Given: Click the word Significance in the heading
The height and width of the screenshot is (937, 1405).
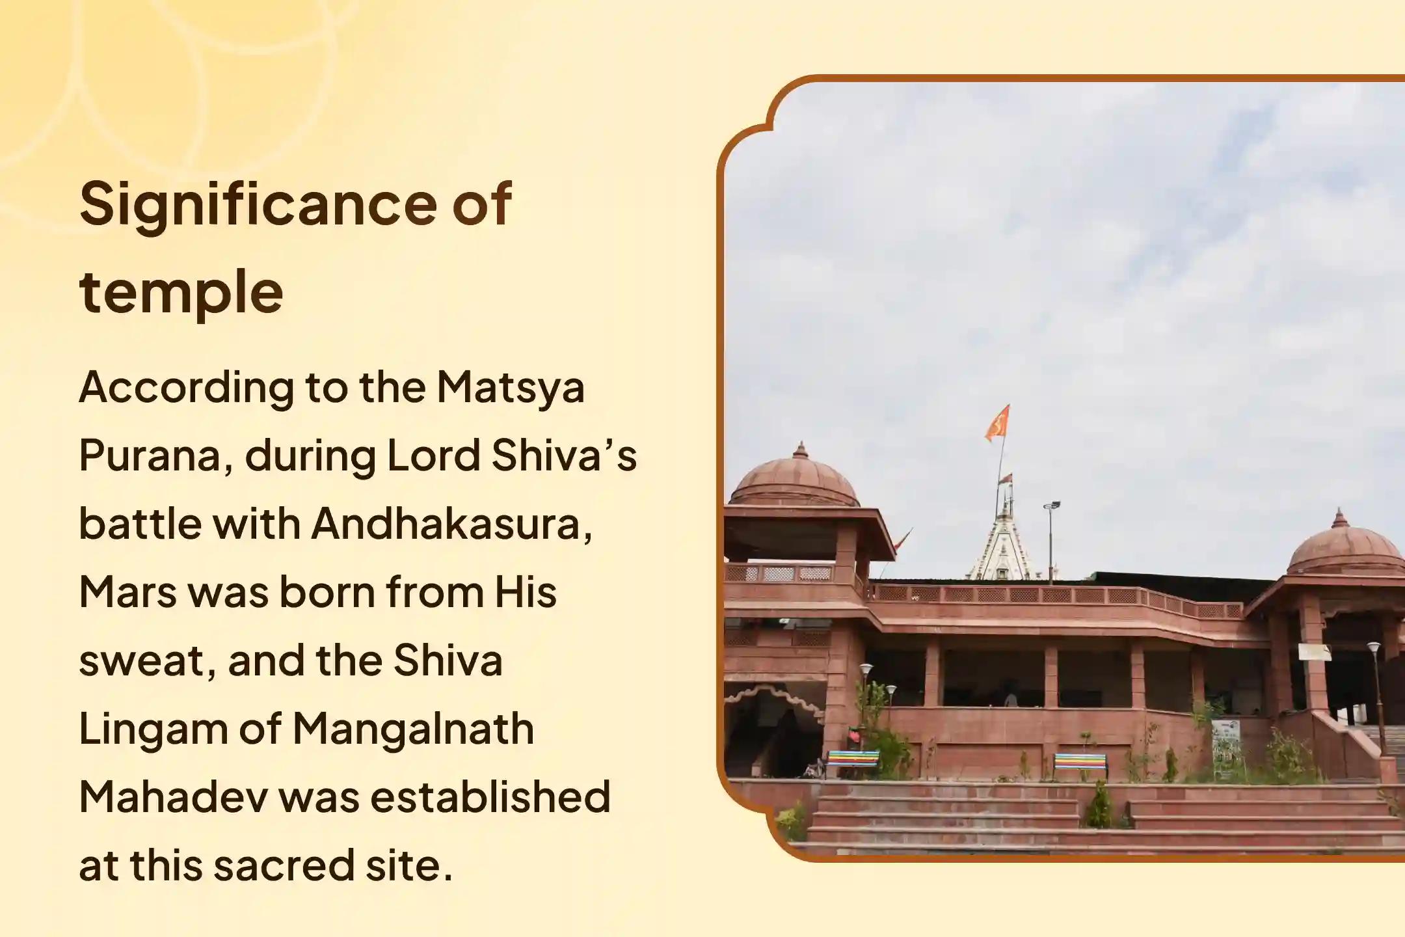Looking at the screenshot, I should tap(260, 204).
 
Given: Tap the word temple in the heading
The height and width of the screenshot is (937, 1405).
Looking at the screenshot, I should tap(181, 291).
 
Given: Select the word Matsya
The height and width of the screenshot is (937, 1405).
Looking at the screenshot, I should tap(511, 388).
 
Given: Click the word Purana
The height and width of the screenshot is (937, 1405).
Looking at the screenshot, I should tap(156, 456).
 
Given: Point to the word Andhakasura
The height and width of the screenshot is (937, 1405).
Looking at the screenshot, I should tap(451, 524).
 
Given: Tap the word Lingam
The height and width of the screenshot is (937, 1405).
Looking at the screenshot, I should tap(153, 729).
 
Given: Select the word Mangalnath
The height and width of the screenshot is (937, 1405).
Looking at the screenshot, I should tap(413, 729).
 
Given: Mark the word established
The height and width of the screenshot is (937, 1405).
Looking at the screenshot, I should tap(490, 798).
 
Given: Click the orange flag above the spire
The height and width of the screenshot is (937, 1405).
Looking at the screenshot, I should tap(997, 422).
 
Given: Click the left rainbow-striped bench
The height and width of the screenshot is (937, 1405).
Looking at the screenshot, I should tap(851, 759).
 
